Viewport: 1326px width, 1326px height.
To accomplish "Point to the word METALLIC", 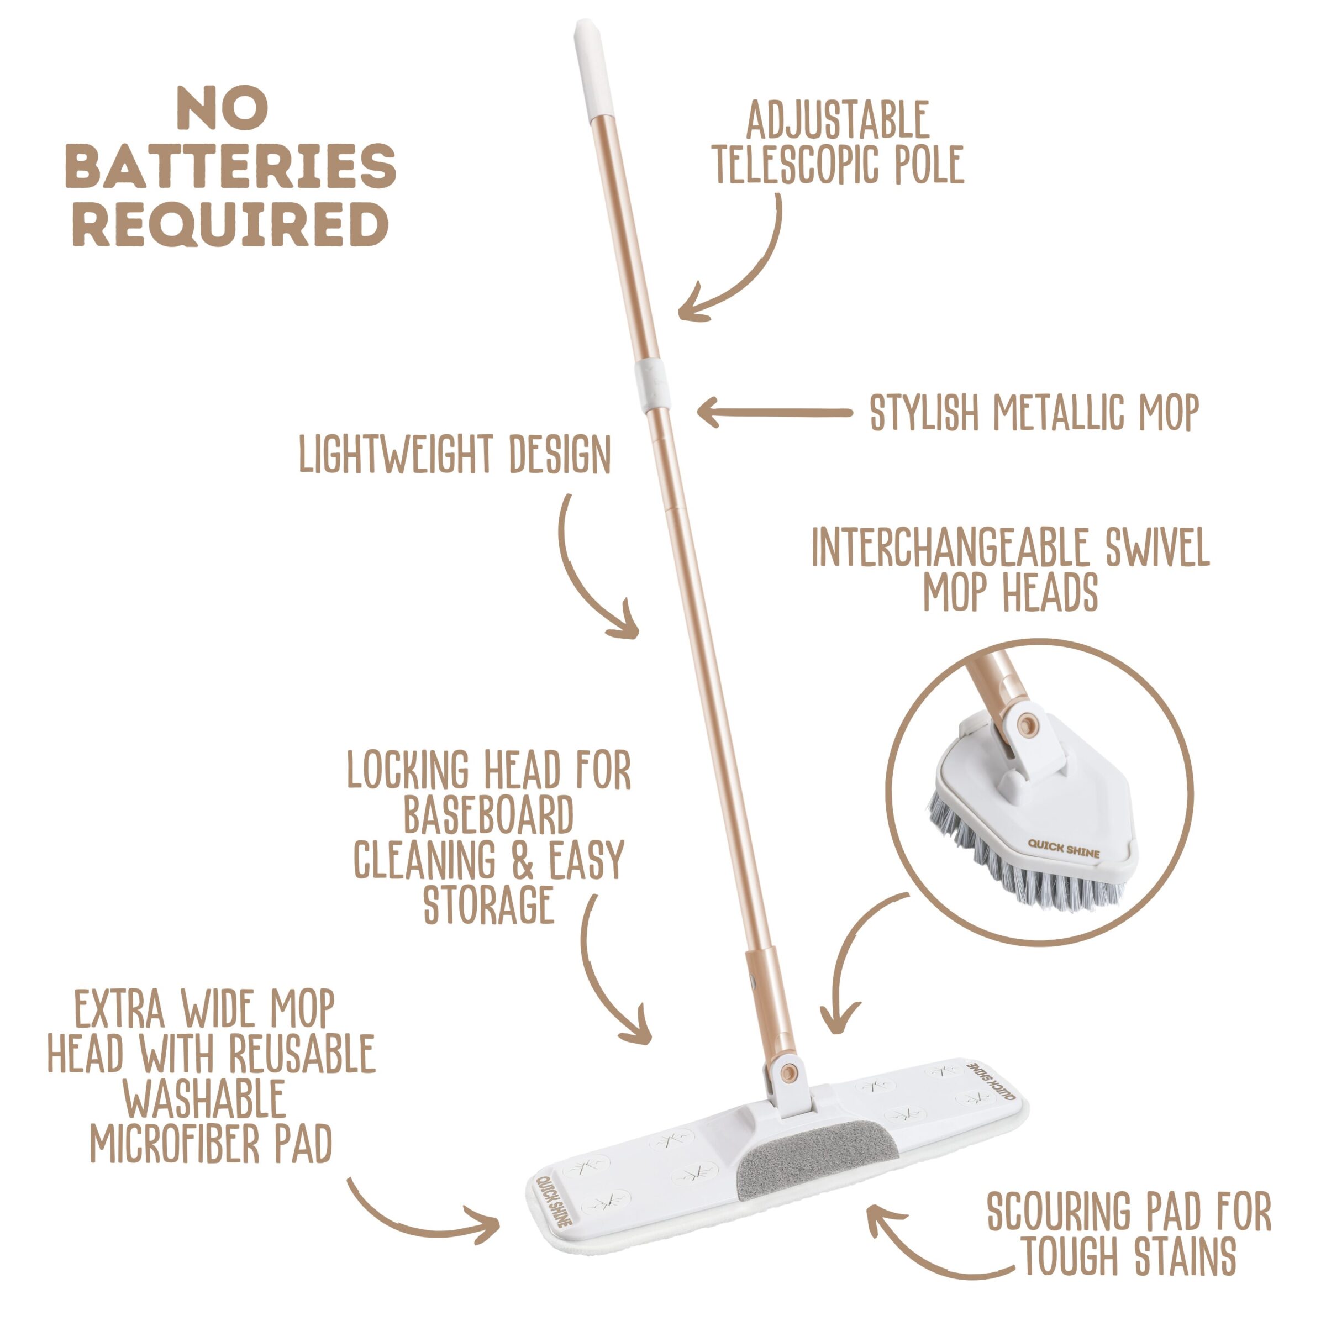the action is pyautogui.click(x=1061, y=413).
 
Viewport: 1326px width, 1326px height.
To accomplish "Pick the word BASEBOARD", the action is pyautogui.click(x=488, y=815).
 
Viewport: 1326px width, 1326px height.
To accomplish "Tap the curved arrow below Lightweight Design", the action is pyautogui.click(x=581, y=576).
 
